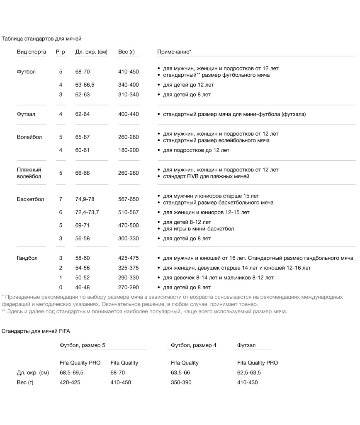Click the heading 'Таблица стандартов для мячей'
41,39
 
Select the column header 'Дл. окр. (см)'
91,52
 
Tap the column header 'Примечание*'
174,52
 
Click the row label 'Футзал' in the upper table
26,114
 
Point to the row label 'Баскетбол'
30,199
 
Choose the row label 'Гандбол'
27,258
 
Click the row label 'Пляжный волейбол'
29,173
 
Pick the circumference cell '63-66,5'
85,85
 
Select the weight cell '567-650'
129,199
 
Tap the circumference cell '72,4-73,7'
87,212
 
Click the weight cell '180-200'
129,150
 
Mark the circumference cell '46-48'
83,287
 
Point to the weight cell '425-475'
129,258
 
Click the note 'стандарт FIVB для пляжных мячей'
206,177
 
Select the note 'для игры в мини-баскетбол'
198,229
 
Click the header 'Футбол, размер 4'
194,345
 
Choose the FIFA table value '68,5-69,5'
72,373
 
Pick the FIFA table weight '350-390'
181,382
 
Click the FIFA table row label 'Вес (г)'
25,382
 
